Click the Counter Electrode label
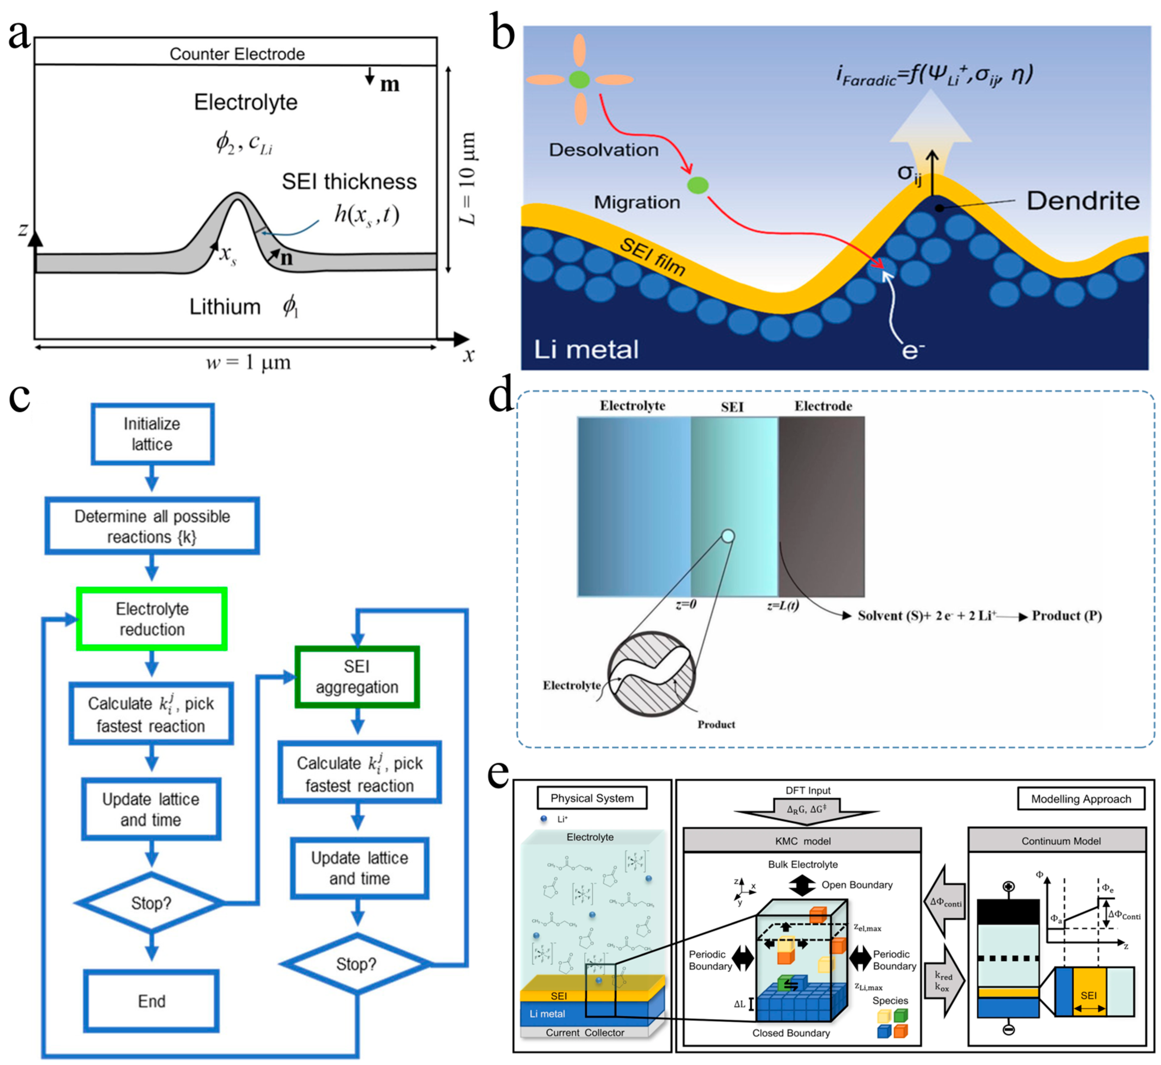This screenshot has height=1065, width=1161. click(x=237, y=54)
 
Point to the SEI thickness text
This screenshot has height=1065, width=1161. click(x=349, y=181)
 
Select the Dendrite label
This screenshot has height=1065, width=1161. click(x=1083, y=201)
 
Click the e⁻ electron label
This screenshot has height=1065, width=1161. click(x=912, y=350)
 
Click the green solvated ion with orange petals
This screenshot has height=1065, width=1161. click(x=579, y=79)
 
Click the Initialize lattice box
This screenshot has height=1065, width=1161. click(x=152, y=434)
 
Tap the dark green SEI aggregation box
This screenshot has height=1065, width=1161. click(x=357, y=677)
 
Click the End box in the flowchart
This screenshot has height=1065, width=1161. click(x=152, y=1001)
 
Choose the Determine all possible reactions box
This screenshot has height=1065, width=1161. click(x=152, y=526)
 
